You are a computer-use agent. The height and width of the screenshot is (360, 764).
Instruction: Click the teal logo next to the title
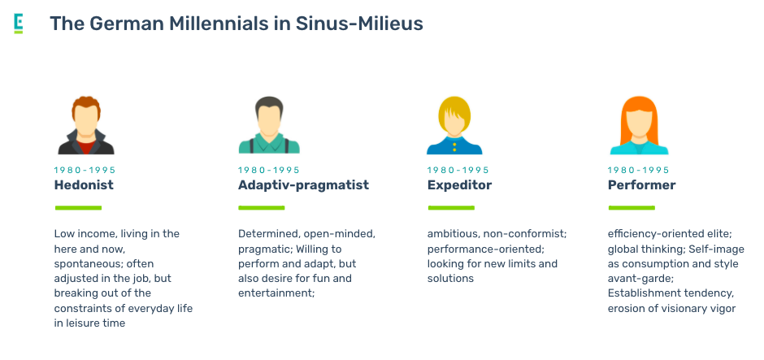pyautogui.click(x=19, y=24)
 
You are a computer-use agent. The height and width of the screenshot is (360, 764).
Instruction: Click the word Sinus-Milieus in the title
pyautogui.click(x=359, y=24)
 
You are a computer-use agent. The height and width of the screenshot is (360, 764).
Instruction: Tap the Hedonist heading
pyautogui.click(x=84, y=185)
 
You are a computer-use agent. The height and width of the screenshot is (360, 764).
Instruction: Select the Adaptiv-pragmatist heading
pyautogui.click(x=303, y=185)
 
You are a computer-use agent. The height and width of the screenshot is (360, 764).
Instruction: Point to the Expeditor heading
pyautogui.click(x=459, y=185)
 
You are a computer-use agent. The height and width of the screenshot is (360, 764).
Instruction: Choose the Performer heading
pyautogui.click(x=641, y=185)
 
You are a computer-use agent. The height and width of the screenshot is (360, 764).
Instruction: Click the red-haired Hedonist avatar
pyautogui.click(x=86, y=125)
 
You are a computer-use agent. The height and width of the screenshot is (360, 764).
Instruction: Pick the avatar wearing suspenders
pyautogui.click(x=269, y=125)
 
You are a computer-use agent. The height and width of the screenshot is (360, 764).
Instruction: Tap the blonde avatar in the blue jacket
pyautogui.click(x=454, y=125)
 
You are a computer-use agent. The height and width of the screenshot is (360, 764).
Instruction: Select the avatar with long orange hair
pyautogui.click(x=639, y=125)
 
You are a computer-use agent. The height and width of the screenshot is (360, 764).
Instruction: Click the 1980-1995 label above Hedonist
pyautogui.click(x=85, y=170)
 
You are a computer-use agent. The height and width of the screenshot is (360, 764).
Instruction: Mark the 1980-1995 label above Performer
pyautogui.click(x=638, y=170)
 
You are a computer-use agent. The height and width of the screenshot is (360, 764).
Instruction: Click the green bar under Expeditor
pyautogui.click(x=451, y=208)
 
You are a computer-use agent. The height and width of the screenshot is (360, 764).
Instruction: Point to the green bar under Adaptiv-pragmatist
pyautogui.click(x=261, y=208)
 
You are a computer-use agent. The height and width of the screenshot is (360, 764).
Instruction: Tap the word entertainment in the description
pyautogui.click(x=276, y=293)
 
